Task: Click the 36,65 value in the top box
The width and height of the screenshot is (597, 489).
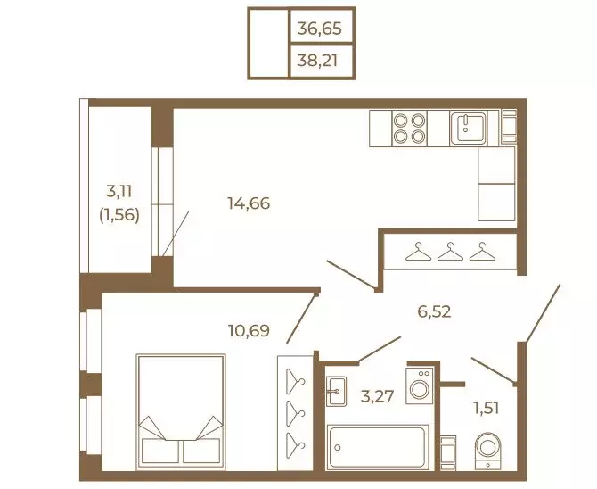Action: pyautogui.click(x=319, y=29)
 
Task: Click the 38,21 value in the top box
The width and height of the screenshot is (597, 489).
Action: pyautogui.click(x=317, y=61)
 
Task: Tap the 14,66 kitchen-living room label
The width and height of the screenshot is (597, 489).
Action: pyautogui.click(x=249, y=203)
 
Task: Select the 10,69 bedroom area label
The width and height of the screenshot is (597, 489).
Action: pyautogui.click(x=249, y=330)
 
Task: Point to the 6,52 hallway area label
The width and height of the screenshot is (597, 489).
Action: pyautogui.click(x=434, y=311)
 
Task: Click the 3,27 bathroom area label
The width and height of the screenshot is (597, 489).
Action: pyautogui.click(x=377, y=397)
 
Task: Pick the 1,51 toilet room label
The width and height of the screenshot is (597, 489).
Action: pyautogui.click(x=486, y=408)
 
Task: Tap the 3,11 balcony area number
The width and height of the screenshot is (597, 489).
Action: pyautogui.click(x=119, y=191)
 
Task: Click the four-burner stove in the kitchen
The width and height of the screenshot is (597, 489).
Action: pyautogui.click(x=409, y=128)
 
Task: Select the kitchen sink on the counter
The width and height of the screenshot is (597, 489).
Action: pyautogui.click(x=468, y=128)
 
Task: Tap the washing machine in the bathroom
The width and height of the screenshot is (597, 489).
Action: pyautogui.click(x=420, y=385)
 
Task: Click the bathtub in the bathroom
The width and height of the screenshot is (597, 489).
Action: pyautogui.click(x=377, y=447)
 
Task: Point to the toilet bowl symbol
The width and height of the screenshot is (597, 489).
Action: pyautogui.click(x=487, y=451)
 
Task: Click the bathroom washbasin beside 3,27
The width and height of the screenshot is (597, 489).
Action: pyautogui.click(x=336, y=392)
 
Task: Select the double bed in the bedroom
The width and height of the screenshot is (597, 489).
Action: pyautogui.click(x=181, y=411)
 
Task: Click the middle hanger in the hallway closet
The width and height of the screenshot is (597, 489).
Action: pyautogui.click(x=450, y=252)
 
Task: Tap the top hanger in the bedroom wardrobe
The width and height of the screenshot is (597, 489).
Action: pyautogui.click(x=296, y=381)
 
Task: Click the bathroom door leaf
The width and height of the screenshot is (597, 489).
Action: pyautogui.click(x=380, y=348)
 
